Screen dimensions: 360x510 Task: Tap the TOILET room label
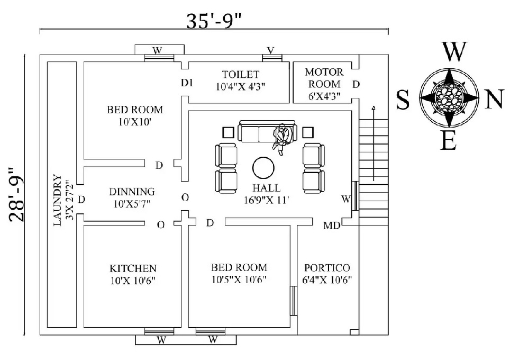coord(241,74)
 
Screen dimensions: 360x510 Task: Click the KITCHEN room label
coord(133,268)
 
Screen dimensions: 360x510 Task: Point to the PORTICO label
coord(327,268)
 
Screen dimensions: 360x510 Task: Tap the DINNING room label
coord(132,192)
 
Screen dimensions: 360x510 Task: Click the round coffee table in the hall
coord(263,168)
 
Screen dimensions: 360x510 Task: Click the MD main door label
coord(332,227)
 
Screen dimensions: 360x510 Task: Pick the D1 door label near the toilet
coord(187,83)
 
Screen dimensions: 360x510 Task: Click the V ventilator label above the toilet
coord(270,51)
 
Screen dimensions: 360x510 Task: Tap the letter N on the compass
coord(493,100)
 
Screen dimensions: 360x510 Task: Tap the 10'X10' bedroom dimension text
coord(135,122)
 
